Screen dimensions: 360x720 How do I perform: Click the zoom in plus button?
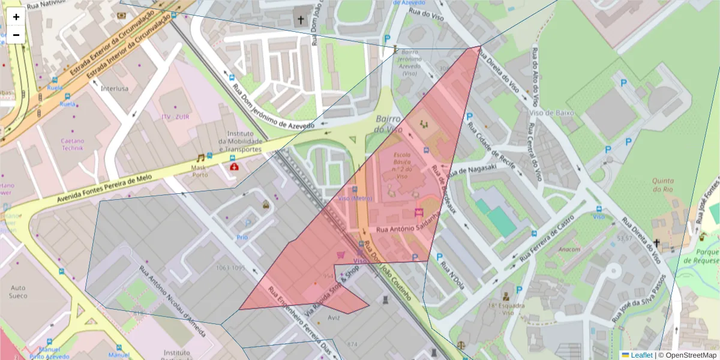coord(16,17)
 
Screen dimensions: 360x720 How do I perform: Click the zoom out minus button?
coord(16,35)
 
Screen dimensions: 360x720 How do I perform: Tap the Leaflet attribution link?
coord(641,355)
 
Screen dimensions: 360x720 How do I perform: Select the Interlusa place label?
coord(115,88)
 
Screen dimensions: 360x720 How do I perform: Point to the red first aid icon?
coord(233,166)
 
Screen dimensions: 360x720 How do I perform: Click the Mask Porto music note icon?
coord(200,158)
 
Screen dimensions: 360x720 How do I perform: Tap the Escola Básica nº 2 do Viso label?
coord(402,166)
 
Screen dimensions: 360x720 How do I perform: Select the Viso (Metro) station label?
coord(355,199)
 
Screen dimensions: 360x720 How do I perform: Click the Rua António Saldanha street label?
coord(405,229)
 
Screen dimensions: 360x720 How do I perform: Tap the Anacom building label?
coord(569,250)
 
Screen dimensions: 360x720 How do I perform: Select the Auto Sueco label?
coord(22,292)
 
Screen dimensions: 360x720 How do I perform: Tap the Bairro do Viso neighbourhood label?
coord(388,124)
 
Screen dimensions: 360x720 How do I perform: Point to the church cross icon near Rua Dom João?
coord(301,20)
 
